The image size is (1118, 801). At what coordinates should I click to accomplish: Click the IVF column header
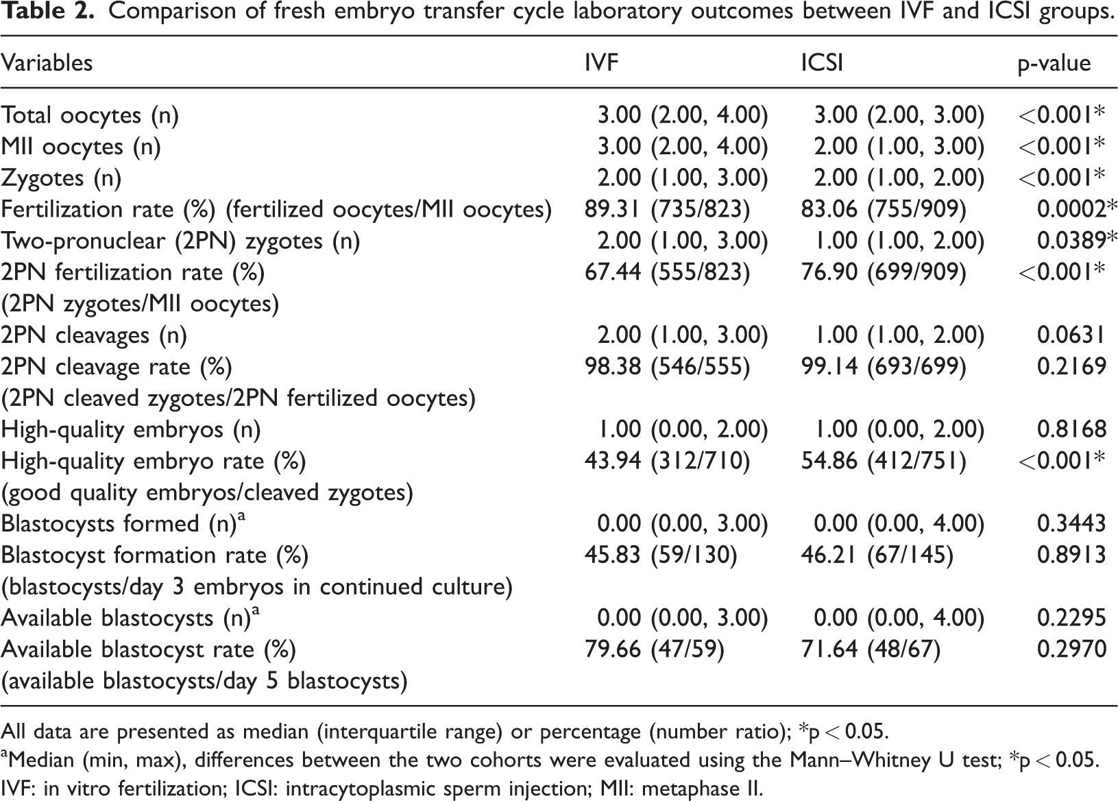pyautogui.click(x=601, y=63)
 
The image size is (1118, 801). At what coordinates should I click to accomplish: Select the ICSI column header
pyautogui.click(x=822, y=63)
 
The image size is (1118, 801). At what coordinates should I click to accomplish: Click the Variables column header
pyautogui.click(x=47, y=63)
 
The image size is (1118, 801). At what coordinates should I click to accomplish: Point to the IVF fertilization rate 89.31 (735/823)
pyautogui.click(x=668, y=210)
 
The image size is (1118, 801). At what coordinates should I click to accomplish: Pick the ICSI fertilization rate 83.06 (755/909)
pyautogui.click(x=884, y=210)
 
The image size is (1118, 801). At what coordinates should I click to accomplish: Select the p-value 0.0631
pyautogui.click(x=1071, y=335)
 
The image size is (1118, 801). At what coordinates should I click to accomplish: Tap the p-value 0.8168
pyautogui.click(x=1071, y=429)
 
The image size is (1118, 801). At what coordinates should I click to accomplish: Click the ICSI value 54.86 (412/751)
pyautogui.click(x=884, y=461)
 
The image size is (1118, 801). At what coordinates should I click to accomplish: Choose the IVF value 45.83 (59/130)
pyautogui.click(x=661, y=555)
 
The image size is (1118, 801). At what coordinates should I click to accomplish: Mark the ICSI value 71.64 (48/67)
pyautogui.click(x=871, y=649)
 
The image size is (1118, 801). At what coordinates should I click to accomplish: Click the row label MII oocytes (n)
pyautogui.click(x=81, y=147)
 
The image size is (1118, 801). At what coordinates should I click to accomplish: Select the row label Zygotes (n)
pyautogui.click(x=62, y=179)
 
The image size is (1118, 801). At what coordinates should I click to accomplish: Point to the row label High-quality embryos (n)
pyautogui.click(x=131, y=430)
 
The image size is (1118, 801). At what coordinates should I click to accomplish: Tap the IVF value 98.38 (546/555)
pyautogui.click(x=668, y=367)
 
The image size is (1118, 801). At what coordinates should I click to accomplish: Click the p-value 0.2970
pyautogui.click(x=1071, y=649)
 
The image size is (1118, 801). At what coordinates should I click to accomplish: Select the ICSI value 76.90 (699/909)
pyautogui.click(x=884, y=273)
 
